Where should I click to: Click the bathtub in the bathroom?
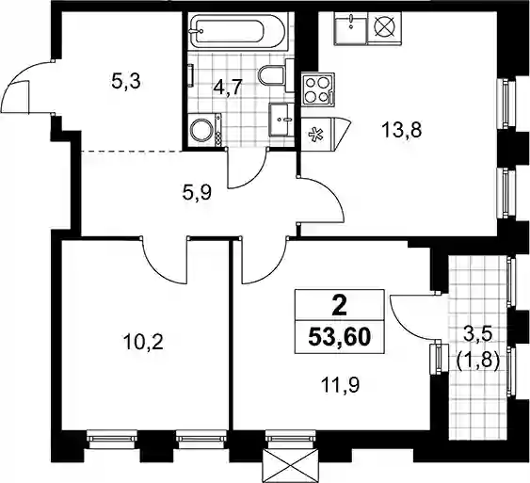pyautogui.click(x=236, y=32)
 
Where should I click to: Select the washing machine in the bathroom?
pyautogui.click(x=204, y=130)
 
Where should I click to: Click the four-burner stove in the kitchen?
pyautogui.click(x=318, y=89)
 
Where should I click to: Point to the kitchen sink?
pyautogui.click(x=350, y=28)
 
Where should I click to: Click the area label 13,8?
pyautogui.click(x=402, y=130)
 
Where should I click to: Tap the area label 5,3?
pyautogui.click(x=126, y=82)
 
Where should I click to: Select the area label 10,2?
pyautogui.click(x=143, y=343)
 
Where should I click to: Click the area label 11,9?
pyautogui.click(x=341, y=385)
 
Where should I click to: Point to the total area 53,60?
pyautogui.click(x=340, y=337)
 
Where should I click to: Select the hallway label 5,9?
pyautogui.click(x=197, y=193)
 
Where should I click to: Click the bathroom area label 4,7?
pyautogui.click(x=228, y=89)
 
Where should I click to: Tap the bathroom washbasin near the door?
pyautogui.click(x=281, y=120)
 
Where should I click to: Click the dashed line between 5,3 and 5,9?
pyautogui.click(x=132, y=151)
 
